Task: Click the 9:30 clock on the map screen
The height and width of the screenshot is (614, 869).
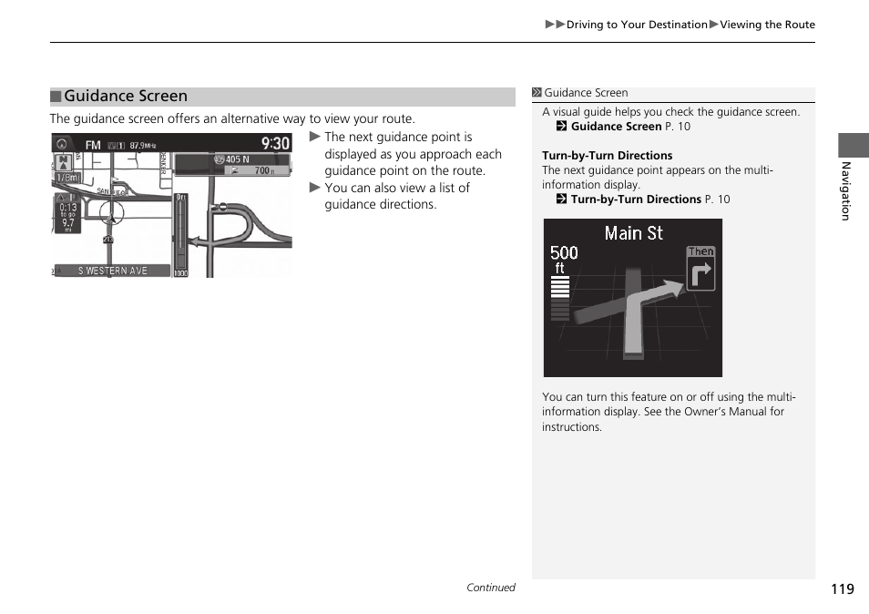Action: [275, 143]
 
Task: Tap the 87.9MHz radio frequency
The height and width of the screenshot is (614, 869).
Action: [143, 146]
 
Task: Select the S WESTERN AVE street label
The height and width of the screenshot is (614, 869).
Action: [112, 271]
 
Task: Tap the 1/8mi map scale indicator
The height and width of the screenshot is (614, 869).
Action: [66, 179]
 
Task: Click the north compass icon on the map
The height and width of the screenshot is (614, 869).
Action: [64, 162]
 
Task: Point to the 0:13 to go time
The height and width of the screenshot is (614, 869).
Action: [68, 207]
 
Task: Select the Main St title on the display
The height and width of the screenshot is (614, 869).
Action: [633, 233]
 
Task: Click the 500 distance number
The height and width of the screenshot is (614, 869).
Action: [564, 252]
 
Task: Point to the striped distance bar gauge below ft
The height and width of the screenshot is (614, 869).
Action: [559, 299]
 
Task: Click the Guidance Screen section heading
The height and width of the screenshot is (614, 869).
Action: [125, 97]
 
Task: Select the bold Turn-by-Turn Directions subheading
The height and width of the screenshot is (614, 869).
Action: [607, 156]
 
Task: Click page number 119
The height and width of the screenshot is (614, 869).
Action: [842, 588]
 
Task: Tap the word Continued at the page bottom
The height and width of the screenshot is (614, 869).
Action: [490, 588]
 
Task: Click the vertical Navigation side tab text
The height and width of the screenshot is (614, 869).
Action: [845, 191]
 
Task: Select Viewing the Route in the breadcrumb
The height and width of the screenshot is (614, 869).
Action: [767, 25]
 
